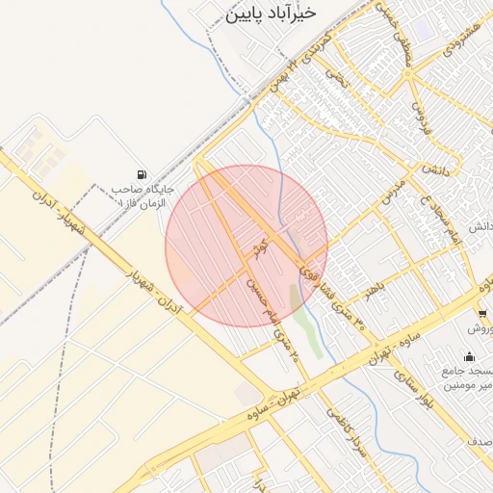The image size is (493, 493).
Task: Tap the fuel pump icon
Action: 143,174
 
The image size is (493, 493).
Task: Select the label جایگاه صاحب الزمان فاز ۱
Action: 140,197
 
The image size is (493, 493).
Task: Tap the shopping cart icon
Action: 482,314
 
